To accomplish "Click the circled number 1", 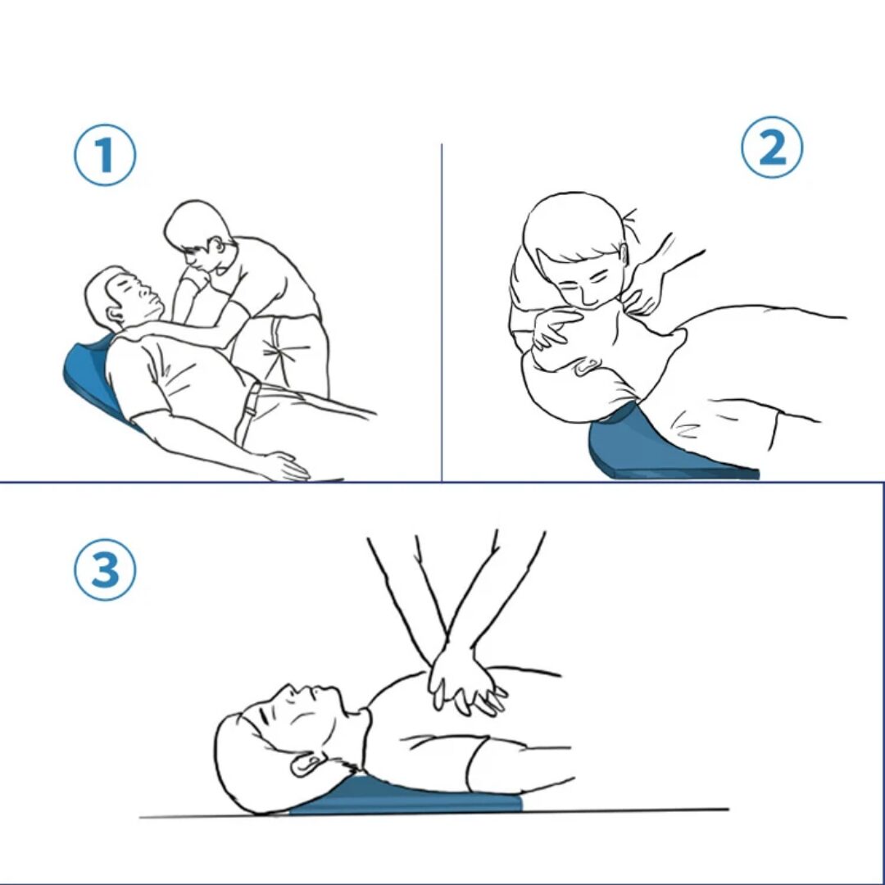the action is (105, 155).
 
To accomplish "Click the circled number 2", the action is (772, 147).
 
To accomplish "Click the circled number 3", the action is (105, 569).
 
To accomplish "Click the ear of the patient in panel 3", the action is (306, 765).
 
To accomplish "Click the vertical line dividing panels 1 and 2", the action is (442, 312).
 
